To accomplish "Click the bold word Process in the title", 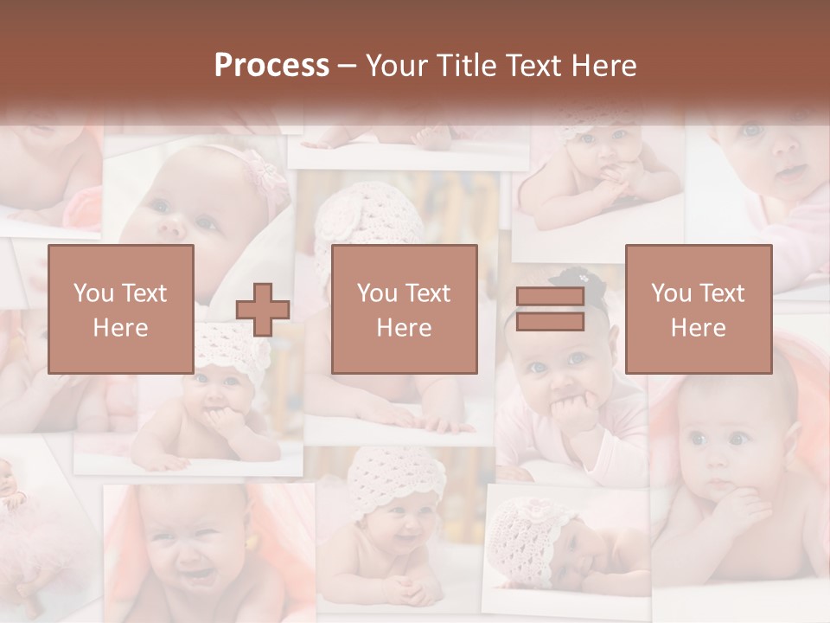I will [x=271, y=66].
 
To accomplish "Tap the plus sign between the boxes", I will [x=263, y=310].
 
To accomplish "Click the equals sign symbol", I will [x=550, y=309].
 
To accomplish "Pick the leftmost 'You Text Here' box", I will [x=120, y=309].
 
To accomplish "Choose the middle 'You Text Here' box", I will [x=404, y=309].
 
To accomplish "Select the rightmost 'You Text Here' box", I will [x=698, y=309].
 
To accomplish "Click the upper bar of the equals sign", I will [x=550, y=297].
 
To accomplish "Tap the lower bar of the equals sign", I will [x=550, y=322].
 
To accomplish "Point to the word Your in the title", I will [x=393, y=66].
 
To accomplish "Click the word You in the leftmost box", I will [x=93, y=293].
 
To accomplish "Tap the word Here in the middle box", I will [x=404, y=327].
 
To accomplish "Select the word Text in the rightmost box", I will [x=723, y=293].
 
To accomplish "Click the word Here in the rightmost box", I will [x=698, y=327].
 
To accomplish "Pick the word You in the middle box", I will [x=377, y=293].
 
